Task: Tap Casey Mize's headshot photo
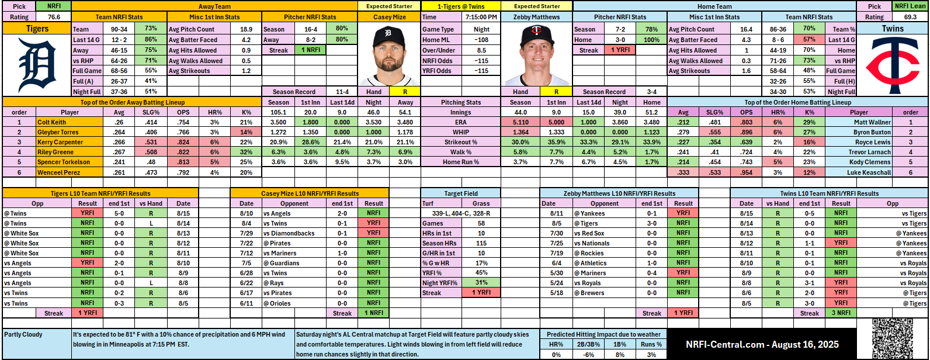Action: point(390,56)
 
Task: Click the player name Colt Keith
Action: point(52,122)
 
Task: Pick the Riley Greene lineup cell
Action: point(56,152)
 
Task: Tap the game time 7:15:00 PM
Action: point(481,17)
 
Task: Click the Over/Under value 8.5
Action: point(481,50)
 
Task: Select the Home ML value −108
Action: point(481,40)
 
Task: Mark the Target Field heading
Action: point(461,193)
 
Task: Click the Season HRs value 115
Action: point(481,243)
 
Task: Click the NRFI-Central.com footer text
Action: point(762,344)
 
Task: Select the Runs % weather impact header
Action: point(651,344)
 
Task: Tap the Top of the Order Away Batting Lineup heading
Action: point(131,102)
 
